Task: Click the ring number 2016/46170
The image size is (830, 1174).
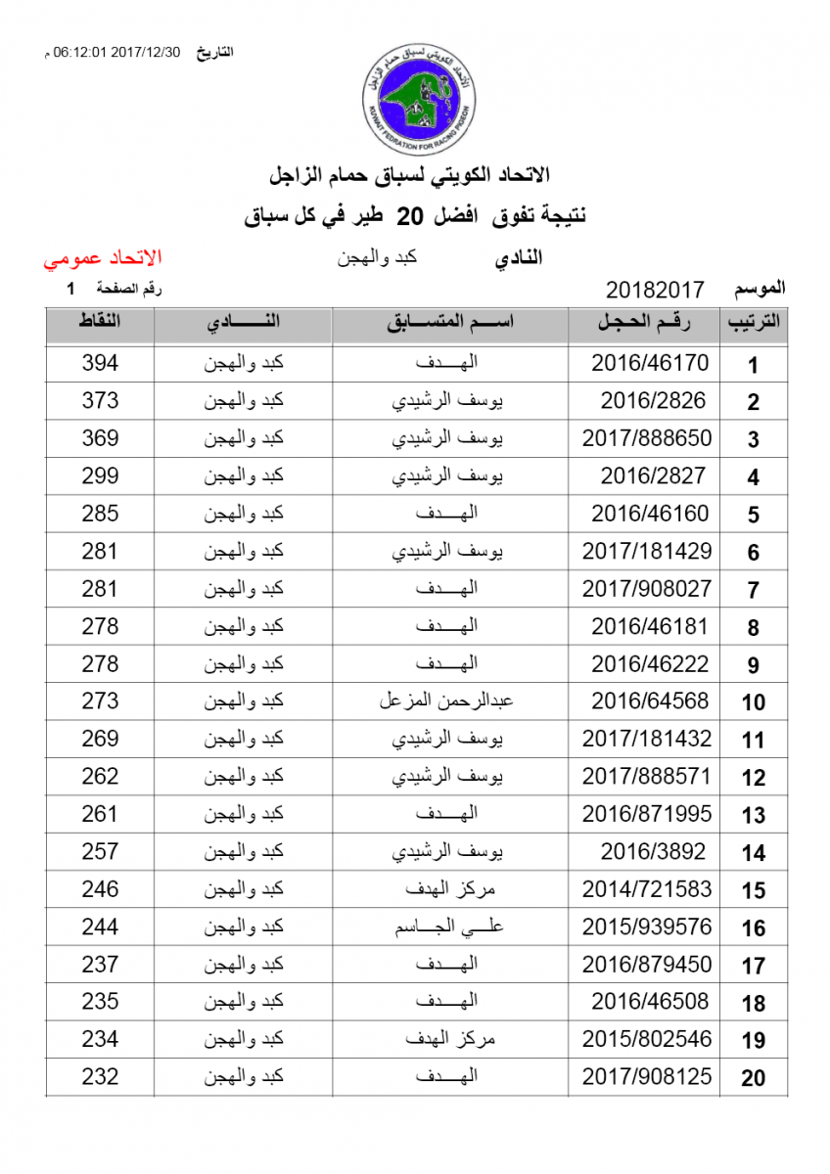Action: tap(649, 363)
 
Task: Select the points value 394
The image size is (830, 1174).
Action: tap(100, 363)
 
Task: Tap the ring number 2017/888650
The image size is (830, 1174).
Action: tap(647, 438)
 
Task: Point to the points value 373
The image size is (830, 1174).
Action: tap(100, 401)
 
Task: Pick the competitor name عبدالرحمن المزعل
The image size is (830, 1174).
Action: tap(446, 701)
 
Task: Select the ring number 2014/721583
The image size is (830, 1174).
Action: tap(647, 889)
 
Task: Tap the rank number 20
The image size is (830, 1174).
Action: tap(753, 1078)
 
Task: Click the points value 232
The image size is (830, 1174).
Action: tap(100, 1077)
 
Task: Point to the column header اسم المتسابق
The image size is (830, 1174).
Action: tap(449, 324)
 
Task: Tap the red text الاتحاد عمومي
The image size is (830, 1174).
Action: tap(102, 259)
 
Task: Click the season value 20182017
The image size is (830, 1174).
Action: tap(655, 290)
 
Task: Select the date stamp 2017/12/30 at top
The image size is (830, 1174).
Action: tap(147, 53)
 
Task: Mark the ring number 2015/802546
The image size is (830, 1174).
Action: tap(647, 1039)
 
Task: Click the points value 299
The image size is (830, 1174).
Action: tap(100, 476)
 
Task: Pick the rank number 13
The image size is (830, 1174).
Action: tap(753, 815)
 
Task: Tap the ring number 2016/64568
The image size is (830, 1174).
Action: tap(649, 701)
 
